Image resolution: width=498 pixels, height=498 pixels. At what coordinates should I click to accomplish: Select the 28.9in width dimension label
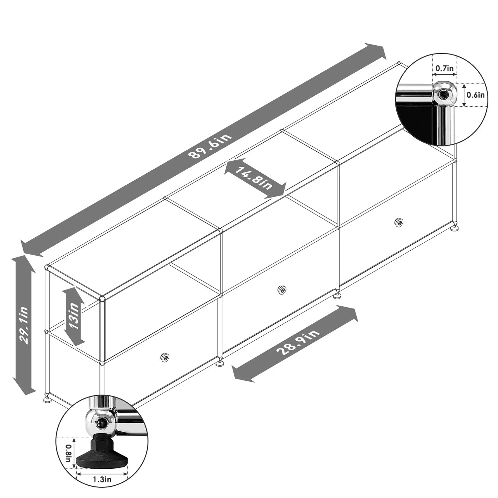(x=298, y=343)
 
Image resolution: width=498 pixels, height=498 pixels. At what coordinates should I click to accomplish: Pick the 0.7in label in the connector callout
(x=445, y=68)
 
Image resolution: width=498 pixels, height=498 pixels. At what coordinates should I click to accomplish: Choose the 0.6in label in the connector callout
(x=475, y=95)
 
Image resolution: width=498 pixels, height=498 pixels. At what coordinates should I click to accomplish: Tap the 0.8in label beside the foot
(x=68, y=454)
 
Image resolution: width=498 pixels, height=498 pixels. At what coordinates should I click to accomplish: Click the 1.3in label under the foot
(x=102, y=479)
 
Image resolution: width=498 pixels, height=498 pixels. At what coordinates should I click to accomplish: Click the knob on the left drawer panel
(x=164, y=357)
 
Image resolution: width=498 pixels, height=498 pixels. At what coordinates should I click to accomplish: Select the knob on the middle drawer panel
(x=282, y=290)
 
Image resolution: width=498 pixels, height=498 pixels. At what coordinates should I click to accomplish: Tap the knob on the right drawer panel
(x=398, y=222)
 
